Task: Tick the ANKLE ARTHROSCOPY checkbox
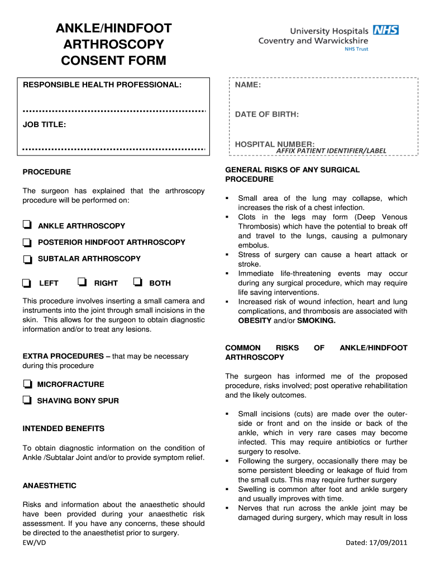[x=26, y=225]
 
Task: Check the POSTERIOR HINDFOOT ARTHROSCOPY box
[x=26, y=243]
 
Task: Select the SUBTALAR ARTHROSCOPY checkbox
[x=26, y=259]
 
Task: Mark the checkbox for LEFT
[x=26, y=283]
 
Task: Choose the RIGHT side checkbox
[x=82, y=282]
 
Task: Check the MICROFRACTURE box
[x=26, y=384]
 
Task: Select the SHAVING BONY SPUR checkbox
[x=26, y=400]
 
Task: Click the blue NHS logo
[x=385, y=31]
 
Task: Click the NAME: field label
[x=248, y=85]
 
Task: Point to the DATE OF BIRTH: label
[x=266, y=114]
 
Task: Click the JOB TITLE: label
[x=44, y=125]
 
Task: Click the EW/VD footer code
[x=34, y=542]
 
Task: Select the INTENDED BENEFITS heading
[x=63, y=429]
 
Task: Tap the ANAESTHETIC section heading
[x=49, y=486]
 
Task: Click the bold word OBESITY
[x=255, y=321]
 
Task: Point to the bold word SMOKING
[x=316, y=321]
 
